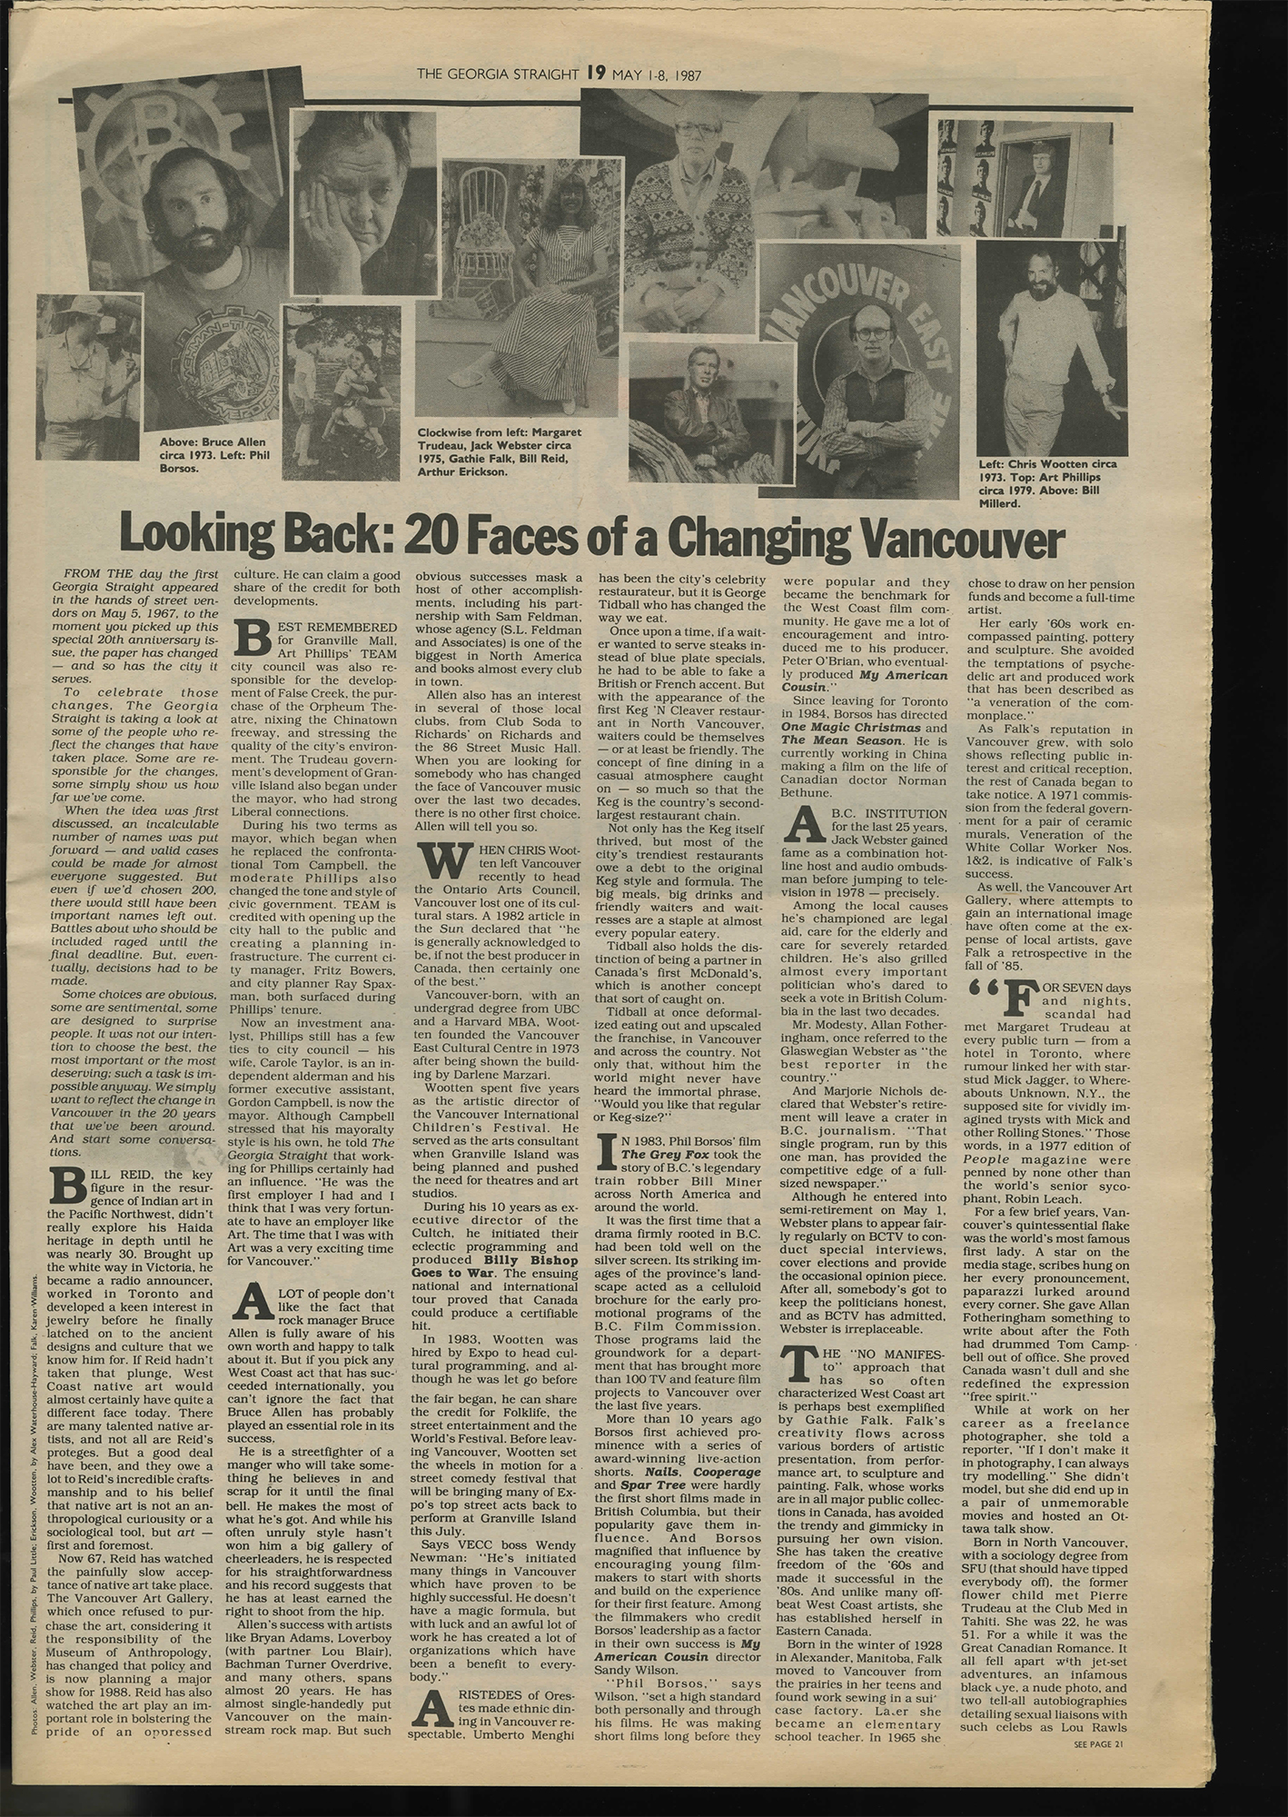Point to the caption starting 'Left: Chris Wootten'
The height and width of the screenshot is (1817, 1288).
1046,482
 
